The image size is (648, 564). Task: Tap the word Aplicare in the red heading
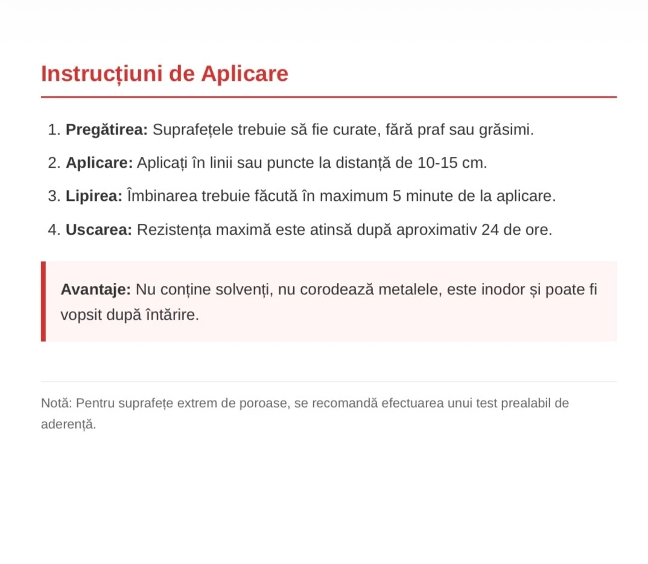[x=244, y=74]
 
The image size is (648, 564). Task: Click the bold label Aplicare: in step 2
[x=99, y=163]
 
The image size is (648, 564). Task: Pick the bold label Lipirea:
[x=94, y=196]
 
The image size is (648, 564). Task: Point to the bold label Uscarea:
[x=99, y=230]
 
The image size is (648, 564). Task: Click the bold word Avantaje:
[x=95, y=290]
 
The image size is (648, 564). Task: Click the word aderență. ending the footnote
[x=68, y=424]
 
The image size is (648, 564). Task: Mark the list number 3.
[x=54, y=196]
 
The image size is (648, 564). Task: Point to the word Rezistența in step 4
[x=172, y=230]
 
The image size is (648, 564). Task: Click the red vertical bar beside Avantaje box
[x=43, y=302]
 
